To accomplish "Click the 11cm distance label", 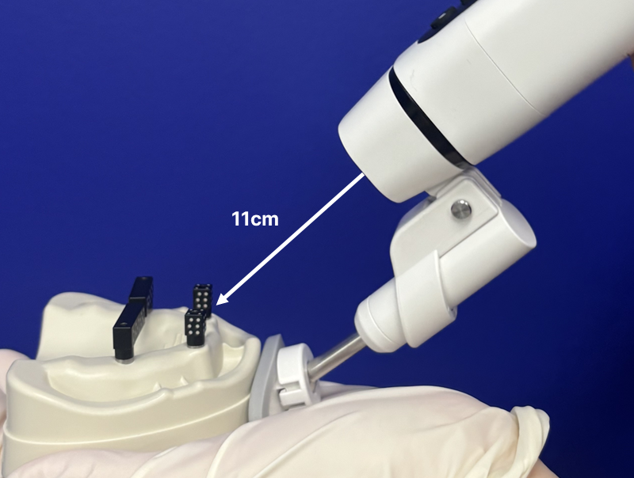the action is pos(254,218).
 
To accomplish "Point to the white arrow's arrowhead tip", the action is pos(217,305).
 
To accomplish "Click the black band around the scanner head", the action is pos(426,117).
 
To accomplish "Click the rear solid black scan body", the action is pos(142,293).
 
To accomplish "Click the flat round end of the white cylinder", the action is pos(520,224).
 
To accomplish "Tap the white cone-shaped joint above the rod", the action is pos(380,319).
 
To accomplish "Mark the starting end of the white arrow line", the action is pos(364,173).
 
